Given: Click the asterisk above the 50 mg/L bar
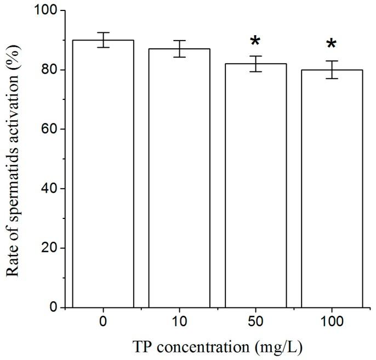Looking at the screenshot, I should pos(255,42).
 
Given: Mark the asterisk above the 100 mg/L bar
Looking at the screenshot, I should pos(332,45).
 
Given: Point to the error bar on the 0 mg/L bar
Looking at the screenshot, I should pos(103,40).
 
